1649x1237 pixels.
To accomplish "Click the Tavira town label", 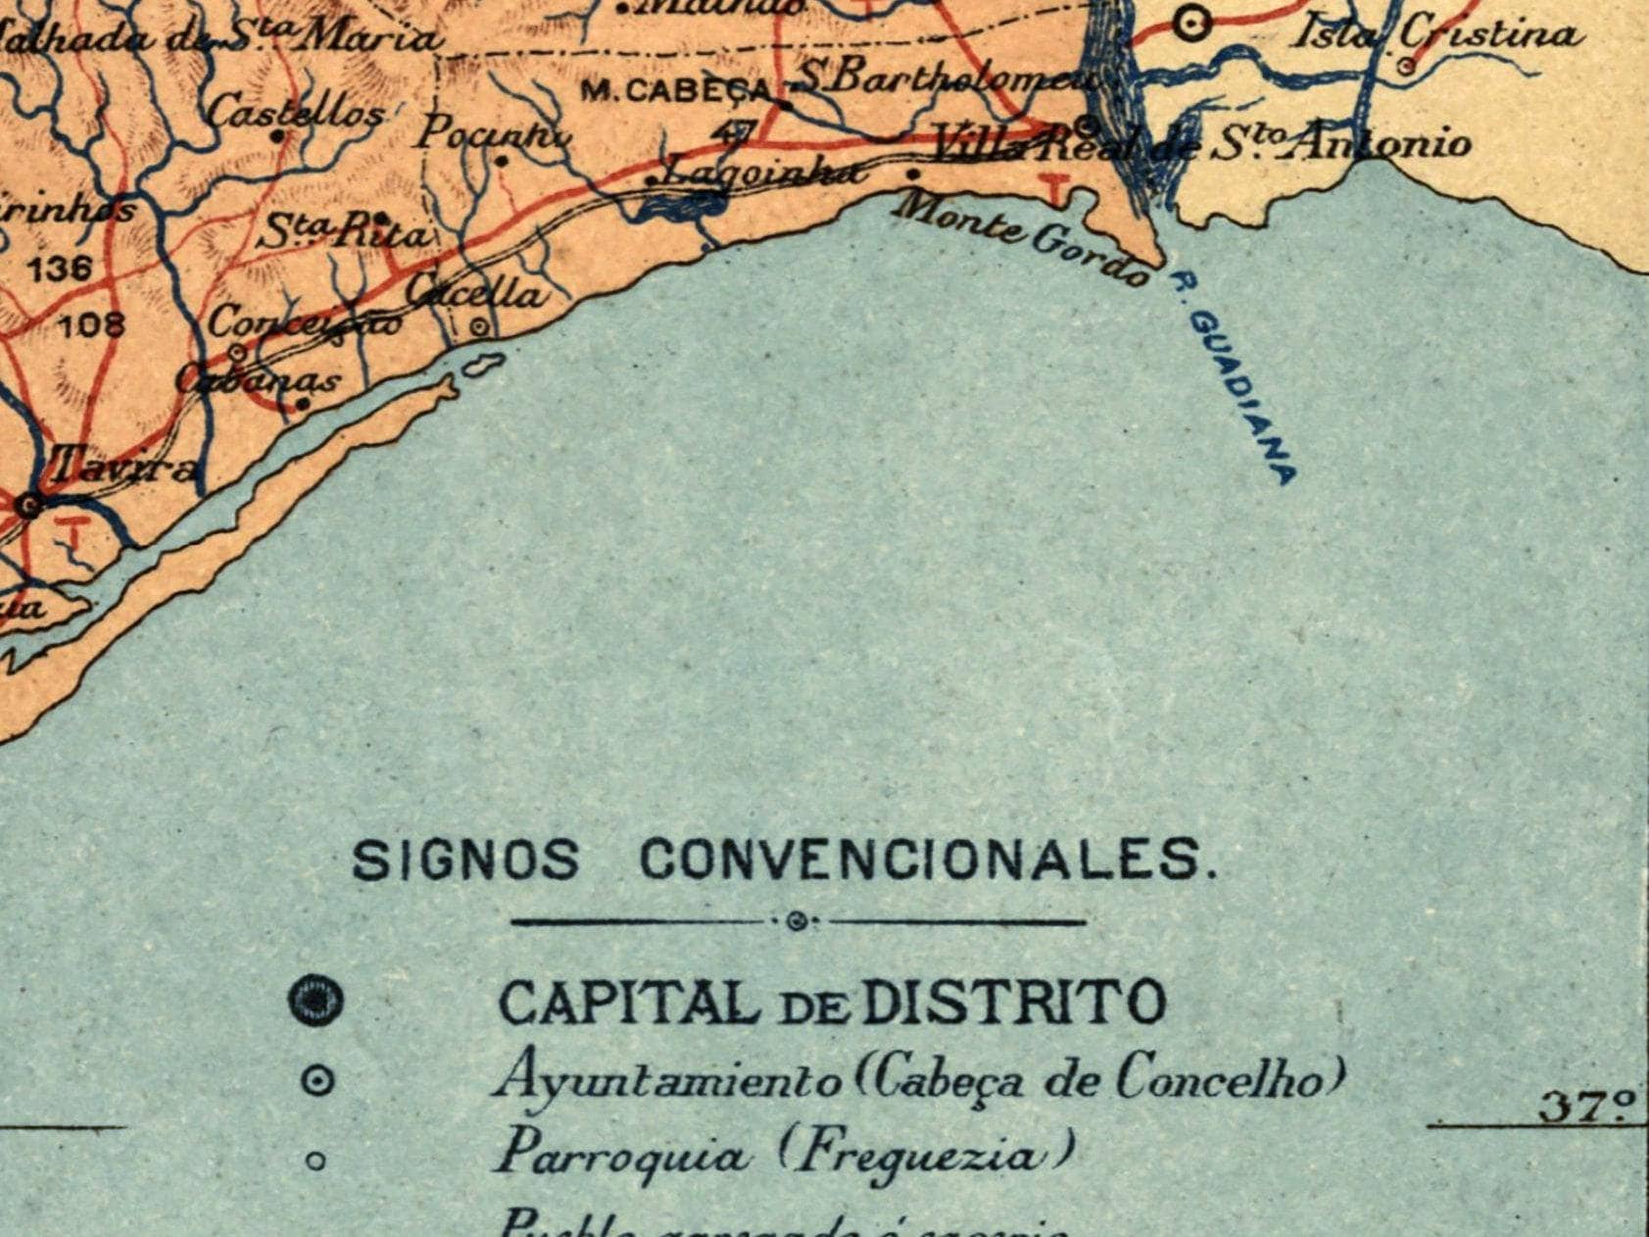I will tap(121, 466).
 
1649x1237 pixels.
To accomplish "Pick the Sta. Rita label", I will tap(343, 233).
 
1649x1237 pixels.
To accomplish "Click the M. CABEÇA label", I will tap(677, 91).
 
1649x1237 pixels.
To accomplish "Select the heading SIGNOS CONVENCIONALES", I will tap(785, 862).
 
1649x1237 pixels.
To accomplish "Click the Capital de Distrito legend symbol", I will tap(316, 1002).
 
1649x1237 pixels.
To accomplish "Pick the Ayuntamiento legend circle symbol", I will tap(315, 1081).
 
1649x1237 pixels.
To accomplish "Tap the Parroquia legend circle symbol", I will tap(315, 1162).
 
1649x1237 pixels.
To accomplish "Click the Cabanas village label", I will tap(260, 380).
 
